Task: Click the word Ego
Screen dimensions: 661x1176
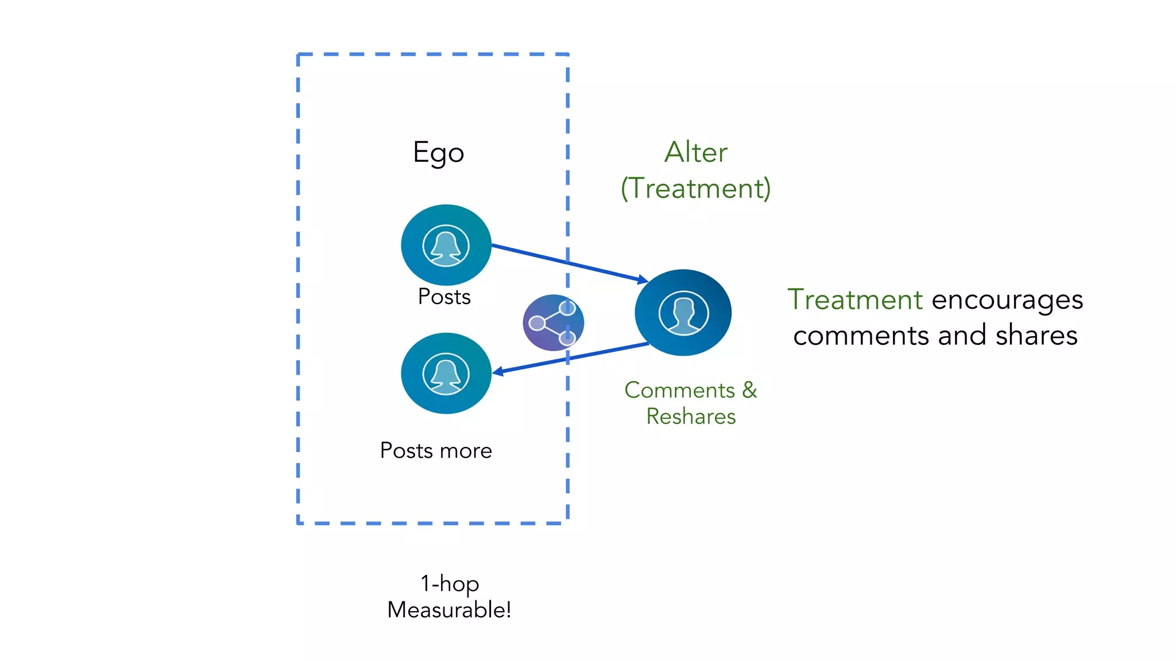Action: pyautogui.click(x=438, y=153)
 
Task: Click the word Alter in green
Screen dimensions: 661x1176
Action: pyautogui.click(x=695, y=153)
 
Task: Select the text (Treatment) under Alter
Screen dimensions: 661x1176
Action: pyautogui.click(x=695, y=189)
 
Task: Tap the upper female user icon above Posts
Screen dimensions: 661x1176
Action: pyautogui.click(x=446, y=245)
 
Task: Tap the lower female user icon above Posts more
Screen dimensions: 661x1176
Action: pyautogui.click(x=446, y=374)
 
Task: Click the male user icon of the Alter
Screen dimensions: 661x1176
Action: pyautogui.click(x=683, y=313)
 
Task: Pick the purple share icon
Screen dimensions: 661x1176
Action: pyautogui.click(x=552, y=322)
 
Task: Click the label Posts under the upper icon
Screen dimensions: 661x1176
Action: pyautogui.click(x=444, y=297)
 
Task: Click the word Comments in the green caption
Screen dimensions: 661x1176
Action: pyautogui.click(x=679, y=390)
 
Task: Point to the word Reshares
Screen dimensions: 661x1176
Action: pyautogui.click(x=691, y=417)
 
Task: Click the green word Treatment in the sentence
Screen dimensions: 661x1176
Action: pyautogui.click(x=854, y=300)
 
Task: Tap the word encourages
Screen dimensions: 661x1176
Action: pyautogui.click(x=1007, y=301)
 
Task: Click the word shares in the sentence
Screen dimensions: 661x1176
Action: pyautogui.click(x=1036, y=335)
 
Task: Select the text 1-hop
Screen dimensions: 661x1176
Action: pyautogui.click(x=450, y=584)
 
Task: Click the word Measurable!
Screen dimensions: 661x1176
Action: pyautogui.click(x=449, y=610)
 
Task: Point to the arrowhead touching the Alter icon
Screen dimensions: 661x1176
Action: pyautogui.click(x=643, y=279)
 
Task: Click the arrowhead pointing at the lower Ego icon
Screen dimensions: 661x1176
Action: pyautogui.click(x=498, y=372)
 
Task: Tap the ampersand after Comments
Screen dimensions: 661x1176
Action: pyautogui.click(x=749, y=390)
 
